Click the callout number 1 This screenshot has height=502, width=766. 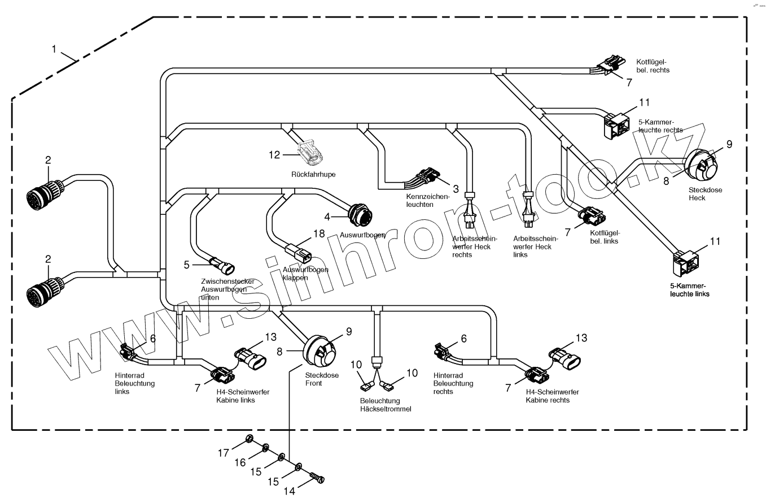pyautogui.click(x=54, y=49)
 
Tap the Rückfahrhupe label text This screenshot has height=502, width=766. pyautogui.click(x=314, y=175)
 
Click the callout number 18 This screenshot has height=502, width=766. pyautogui.click(x=319, y=233)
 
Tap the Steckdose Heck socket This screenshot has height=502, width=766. pyautogui.click(x=701, y=163)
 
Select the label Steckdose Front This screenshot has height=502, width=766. pyautogui.click(x=321, y=379)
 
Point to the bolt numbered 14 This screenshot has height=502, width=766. pyautogui.click(x=318, y=478)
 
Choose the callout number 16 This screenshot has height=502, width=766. pyautogui.click(x=240, y=462)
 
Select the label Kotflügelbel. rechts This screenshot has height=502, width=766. pyautogui.click(x=652, y=66)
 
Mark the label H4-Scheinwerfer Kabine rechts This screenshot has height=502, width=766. pyautogui.click(x=552, y=396)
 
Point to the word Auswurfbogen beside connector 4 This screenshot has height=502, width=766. pyautogui.click(x=362, y=235)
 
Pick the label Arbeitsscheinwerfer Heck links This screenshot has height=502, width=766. pyautogui.click(x=536, y=246)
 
